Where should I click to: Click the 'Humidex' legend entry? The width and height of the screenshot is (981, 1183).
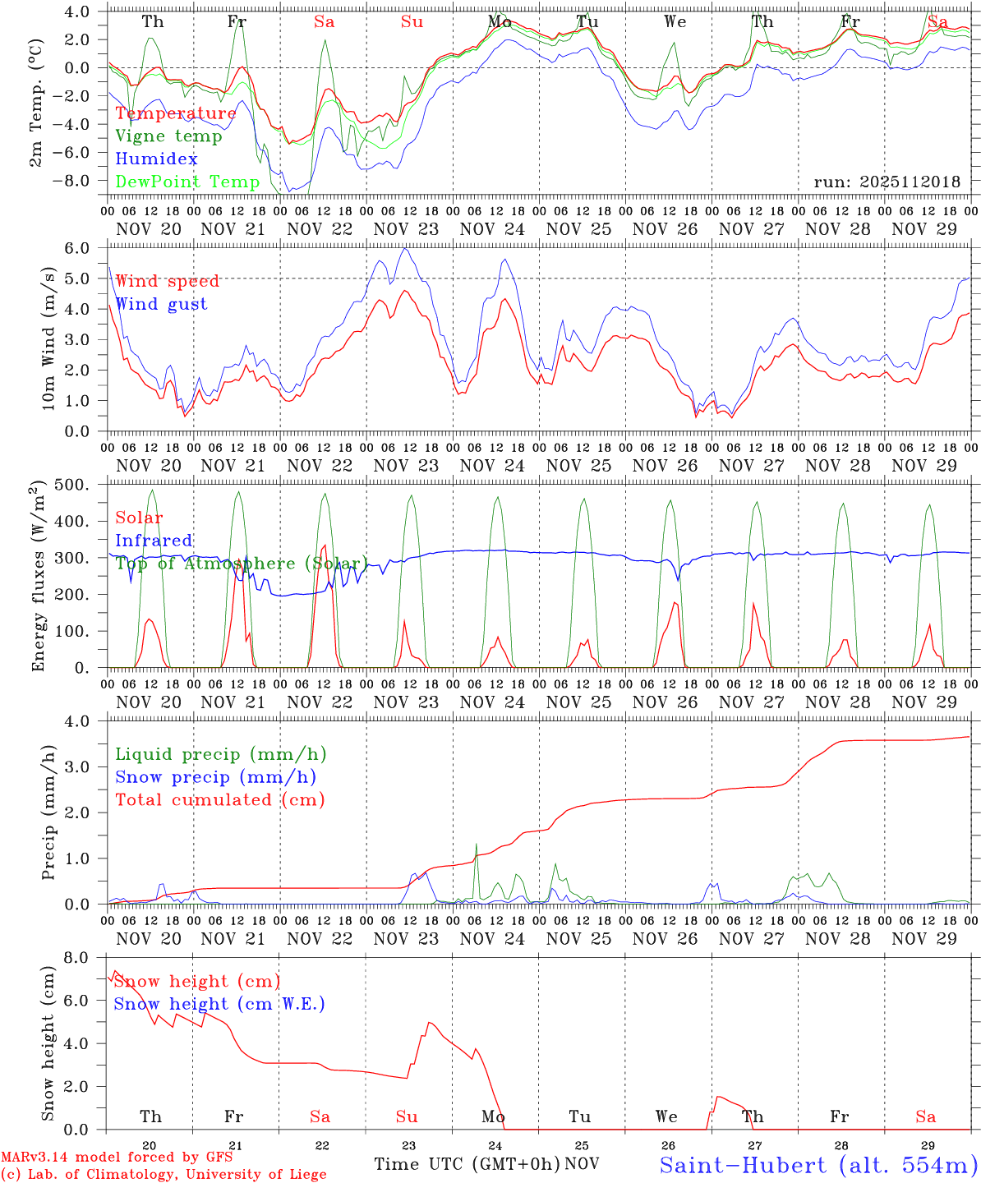[x=156, y=159]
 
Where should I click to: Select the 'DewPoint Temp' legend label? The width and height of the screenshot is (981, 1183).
[x=187, y=182]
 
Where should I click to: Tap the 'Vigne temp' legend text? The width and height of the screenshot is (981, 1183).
[x=168, y=136]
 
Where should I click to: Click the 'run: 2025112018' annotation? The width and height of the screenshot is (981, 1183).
[x=887, y=182]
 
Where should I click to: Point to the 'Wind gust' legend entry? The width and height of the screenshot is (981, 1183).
[x=161, y=304]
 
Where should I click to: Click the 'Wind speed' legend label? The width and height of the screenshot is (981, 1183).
[x=168, y=281]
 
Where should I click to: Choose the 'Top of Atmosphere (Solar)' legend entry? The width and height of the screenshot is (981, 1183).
[x=242, y=564]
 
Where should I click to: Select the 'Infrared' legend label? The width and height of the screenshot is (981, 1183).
[x=154, y=541]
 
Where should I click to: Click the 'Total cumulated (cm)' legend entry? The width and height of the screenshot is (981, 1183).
[x=220, y=799]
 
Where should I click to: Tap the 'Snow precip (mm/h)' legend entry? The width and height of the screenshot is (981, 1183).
[x=216, y=776]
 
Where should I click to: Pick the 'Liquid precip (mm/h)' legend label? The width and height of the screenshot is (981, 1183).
[x=221, y=754]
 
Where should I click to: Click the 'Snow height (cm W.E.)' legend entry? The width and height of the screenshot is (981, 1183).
[x=219, y=1004]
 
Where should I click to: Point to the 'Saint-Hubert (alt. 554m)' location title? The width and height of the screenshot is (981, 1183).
[x=818, y=1164]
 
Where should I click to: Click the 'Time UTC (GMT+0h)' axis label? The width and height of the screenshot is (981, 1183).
[x=467, y=1164]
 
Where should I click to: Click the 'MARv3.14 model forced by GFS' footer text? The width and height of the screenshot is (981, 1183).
[x=117, y=1158]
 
